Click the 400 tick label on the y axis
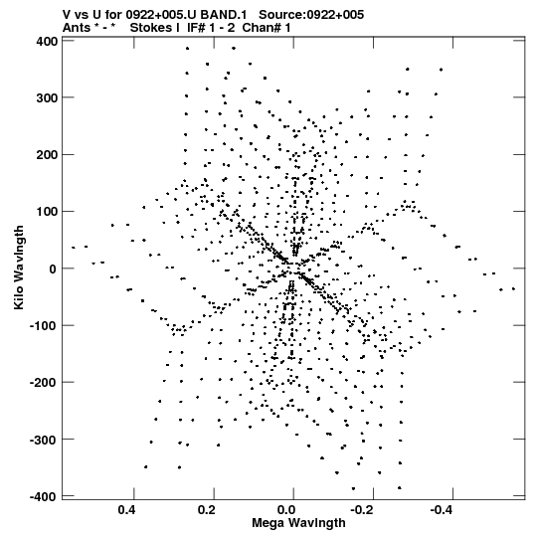47,41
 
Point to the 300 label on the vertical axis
47,97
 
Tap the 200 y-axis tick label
47,155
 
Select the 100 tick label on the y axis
47,212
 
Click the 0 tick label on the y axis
53,269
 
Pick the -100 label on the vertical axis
43,325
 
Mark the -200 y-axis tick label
43,382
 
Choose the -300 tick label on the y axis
43,440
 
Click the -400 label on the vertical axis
43,496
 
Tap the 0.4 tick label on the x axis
126,510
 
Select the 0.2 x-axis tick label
207,510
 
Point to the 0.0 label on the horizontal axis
286,510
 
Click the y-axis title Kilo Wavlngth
19,268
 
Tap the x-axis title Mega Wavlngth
298,523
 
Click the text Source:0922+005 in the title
311,15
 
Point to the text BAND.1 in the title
224,15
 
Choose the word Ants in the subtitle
77,28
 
